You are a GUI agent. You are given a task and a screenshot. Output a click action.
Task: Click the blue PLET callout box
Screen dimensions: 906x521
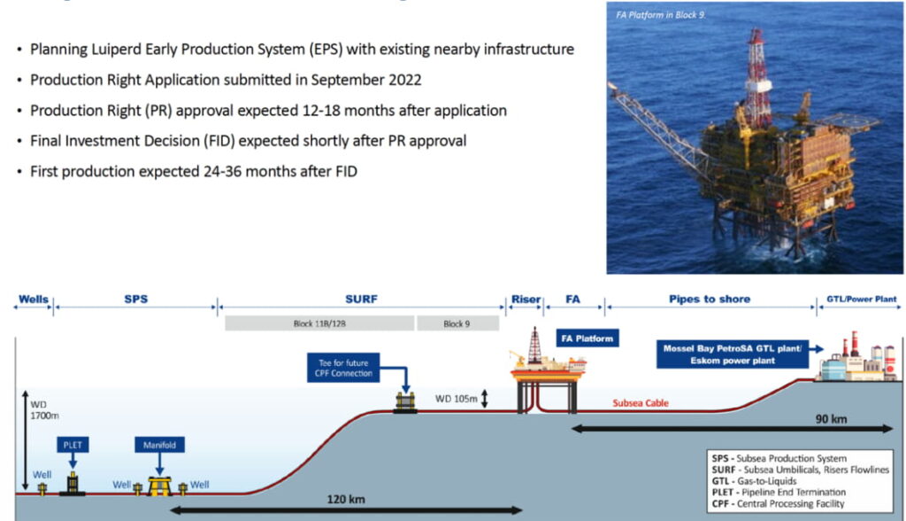[73, 445]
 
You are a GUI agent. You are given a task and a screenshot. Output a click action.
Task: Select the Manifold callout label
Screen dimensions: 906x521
[159, 445]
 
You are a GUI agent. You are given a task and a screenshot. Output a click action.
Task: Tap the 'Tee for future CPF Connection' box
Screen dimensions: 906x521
[343, 368]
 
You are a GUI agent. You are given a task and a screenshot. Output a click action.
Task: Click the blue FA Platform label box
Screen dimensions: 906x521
[587, 338]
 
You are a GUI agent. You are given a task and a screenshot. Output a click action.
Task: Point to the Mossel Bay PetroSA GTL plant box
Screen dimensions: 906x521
[732, 354]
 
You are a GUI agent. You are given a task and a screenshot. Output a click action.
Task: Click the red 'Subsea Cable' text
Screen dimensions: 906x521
[641, 403]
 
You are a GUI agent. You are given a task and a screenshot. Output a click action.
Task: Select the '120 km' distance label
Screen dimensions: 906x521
[346, 499]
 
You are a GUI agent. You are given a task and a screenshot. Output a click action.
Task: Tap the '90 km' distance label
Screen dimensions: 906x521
[831, 418]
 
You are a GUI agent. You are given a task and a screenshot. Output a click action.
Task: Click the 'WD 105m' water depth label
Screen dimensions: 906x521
[456, 399]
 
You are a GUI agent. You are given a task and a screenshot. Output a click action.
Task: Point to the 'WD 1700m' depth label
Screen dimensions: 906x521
[44, 410]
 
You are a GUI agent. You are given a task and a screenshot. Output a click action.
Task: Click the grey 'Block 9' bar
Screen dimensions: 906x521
[457, 323]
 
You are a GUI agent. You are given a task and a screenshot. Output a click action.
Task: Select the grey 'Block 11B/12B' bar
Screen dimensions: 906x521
[319, 323]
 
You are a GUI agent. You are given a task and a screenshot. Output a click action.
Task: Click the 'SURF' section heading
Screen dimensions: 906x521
[361, 299]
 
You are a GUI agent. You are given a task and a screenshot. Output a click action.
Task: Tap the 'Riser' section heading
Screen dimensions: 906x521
[526, 299]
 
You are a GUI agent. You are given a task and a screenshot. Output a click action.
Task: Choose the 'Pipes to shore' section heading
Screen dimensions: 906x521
[710, 299]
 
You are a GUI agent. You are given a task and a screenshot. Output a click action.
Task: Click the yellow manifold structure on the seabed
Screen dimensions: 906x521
[159, 486]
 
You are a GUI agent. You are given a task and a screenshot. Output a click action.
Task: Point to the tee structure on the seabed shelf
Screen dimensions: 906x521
[405, 401]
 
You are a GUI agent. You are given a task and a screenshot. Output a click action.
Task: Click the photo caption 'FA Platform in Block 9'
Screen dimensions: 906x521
[660, 15]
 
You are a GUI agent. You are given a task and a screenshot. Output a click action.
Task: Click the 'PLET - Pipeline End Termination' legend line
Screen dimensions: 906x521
[779, 492]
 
